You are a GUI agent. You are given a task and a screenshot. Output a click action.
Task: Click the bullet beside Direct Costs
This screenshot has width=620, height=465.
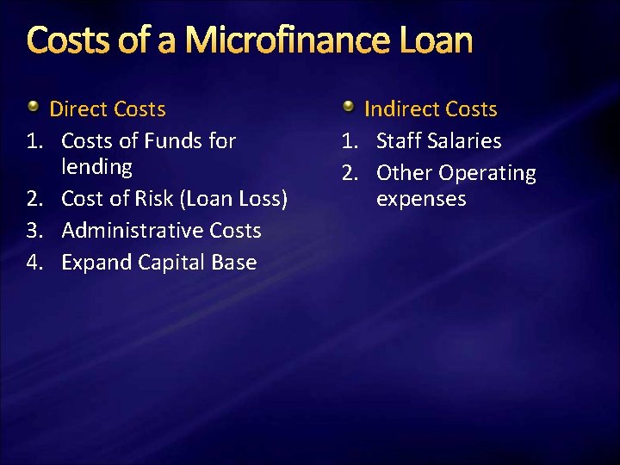pyautogui.click(x=33, y=107)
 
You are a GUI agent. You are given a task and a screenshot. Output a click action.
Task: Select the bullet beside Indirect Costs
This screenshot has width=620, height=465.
pyautogui.click(x=348, y=107)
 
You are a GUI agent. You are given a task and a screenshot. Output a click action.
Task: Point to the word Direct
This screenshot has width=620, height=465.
pyautogui.click(x=77, y=109)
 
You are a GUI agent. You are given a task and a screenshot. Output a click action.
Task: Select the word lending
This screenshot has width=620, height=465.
pyautogui.click(x=96, y=166)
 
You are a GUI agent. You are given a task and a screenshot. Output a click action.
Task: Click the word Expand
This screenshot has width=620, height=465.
pyautogui.click(x=95, y=263)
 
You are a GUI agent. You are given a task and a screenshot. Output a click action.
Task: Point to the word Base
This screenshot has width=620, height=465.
pyautogui.click(x=234, y=263)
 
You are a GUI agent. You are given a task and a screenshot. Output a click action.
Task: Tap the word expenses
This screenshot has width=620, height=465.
pyautogui.click(x=421, y=199)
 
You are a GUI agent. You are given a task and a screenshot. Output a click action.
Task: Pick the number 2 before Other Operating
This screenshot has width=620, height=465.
pyautogui.click(x=349, y=173)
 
